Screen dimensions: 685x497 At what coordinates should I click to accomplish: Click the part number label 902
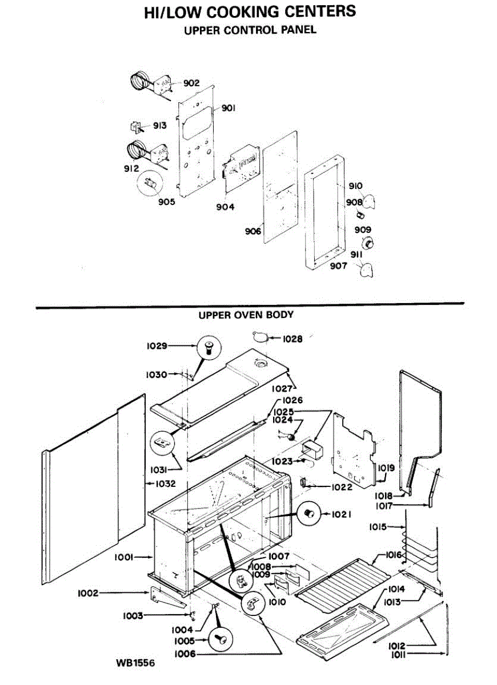(x=191, y=83)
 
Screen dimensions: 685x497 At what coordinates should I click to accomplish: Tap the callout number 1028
(x=292, y=339)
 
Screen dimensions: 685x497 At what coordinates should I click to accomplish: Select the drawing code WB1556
(x=135, y=663)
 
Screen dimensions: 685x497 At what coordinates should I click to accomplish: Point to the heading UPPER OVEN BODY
(x=246, y=315)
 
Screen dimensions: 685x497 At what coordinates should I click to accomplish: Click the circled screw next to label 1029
(x=207, y=346)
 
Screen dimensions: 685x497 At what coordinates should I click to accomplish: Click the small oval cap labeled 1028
(x=261, y=337)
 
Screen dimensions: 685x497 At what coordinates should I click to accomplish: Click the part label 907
(x=338, y=265)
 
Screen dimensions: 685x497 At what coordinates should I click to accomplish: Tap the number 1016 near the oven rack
(x=394, y=555)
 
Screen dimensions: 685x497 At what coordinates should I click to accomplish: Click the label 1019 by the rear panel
(x=386, y=468)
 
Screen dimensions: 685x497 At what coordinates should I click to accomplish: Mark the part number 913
(x=159, y=126)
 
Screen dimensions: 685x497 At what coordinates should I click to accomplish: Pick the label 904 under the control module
(x=225, y=207)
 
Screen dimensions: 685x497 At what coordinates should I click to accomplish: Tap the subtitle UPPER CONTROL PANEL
(x=250, y=30)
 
